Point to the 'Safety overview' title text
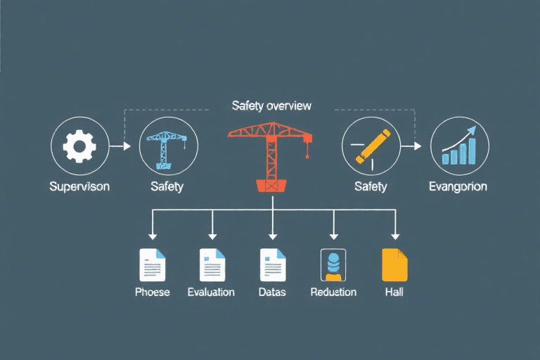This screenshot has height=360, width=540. click(271, 105)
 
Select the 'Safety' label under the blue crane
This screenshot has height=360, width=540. click(167, 186)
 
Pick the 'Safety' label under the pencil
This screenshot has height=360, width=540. click(371, 186)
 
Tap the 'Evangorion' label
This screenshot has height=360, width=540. click(458, 186)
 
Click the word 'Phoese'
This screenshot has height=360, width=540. click(153, 291)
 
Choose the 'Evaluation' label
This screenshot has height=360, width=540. click(211, 291)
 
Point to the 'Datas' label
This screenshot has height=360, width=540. click(272, 291)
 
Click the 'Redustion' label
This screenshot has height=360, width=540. click(333, 291)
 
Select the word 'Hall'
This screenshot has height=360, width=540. click(394, 291)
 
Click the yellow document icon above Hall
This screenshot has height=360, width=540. click(394, 265)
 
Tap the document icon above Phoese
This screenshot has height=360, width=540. click(152, 265)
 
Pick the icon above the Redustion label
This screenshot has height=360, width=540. click(333, 265)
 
